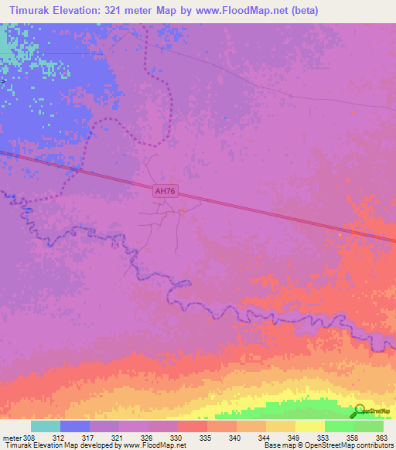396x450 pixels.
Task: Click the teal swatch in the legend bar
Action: pos(46,426)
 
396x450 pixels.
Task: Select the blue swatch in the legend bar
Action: pos(75,426)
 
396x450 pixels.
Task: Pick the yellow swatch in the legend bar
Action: pos(310,426)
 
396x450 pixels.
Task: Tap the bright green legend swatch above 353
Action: pos(340,426)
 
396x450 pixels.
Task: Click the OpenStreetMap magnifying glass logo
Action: pos(360,412)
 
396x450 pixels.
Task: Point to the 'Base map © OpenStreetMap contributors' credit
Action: pos(329,445)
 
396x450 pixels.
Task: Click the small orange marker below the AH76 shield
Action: pos(182,212)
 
